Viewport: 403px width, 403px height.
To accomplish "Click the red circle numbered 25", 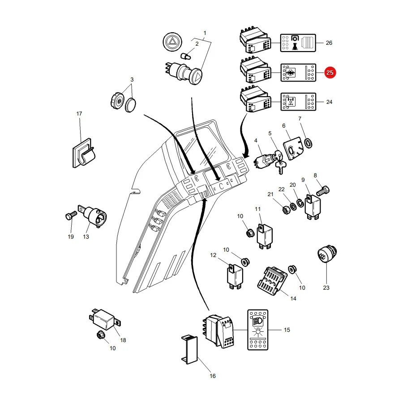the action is pyautogui.click(x=330, y=73).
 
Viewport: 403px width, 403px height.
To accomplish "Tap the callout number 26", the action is pyautogui.click(x=329, y=43).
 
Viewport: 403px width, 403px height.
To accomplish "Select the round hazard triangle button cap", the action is pyautogui.click(x=172, y=42).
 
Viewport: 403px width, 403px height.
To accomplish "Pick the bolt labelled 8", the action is pyautogui.click(x=323, y=191).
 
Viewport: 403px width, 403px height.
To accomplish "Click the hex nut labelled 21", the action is pyautogui.click(x=287, y=210).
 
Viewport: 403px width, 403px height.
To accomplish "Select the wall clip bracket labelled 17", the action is pyautogui.click(x=83, y=154).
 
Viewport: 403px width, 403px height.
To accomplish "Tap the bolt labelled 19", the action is pyautogui.click(x=71, y=215).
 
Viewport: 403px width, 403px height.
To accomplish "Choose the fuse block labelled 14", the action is pyautogui.click(x=272, y=281).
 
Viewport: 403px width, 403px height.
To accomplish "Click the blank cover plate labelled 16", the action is pyautogui.click(x=189, y=349).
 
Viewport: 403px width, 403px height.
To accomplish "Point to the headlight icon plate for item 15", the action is pyautogui.click(x=257, y=330).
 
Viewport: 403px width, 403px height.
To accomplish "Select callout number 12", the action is pyautogui.click(x=213, y=255).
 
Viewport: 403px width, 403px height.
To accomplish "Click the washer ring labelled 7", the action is pyautogui.click(x=308, y=143).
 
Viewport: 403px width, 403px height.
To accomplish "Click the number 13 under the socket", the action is pyautogui.click(x=86, y=237).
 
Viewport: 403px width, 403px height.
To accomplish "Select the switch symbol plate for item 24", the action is pyautogui.click(x=298, y=102).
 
